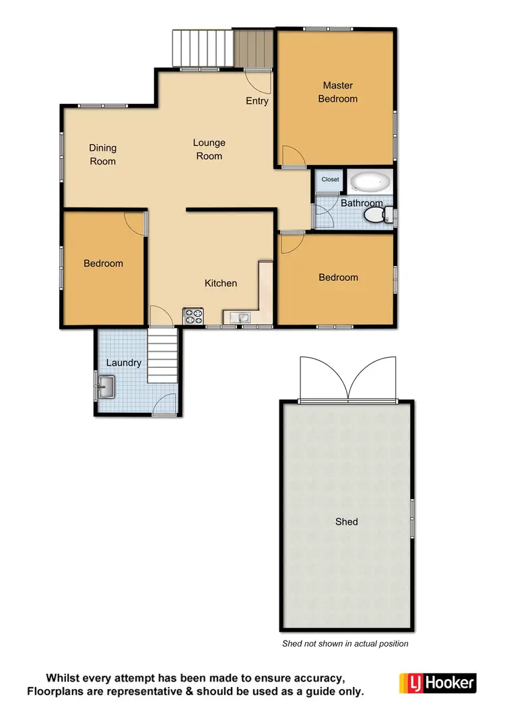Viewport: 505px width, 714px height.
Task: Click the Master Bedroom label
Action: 338,92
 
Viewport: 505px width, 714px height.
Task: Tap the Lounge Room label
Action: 209,150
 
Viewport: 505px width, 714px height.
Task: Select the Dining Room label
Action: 103,155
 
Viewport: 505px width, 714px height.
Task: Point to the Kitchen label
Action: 221,284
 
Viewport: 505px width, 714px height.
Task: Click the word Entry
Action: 257,101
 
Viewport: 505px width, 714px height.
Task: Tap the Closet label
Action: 330,180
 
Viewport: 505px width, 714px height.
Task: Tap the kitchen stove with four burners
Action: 193,317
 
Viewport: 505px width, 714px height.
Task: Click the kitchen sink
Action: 240,317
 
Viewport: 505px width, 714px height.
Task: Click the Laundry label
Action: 124,363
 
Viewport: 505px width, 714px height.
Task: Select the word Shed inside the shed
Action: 347,522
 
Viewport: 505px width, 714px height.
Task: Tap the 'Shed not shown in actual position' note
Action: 345,644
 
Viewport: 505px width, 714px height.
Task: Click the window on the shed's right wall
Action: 412,519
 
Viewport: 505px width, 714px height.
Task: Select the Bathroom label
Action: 362,203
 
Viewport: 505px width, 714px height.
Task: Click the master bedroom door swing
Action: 293,156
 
